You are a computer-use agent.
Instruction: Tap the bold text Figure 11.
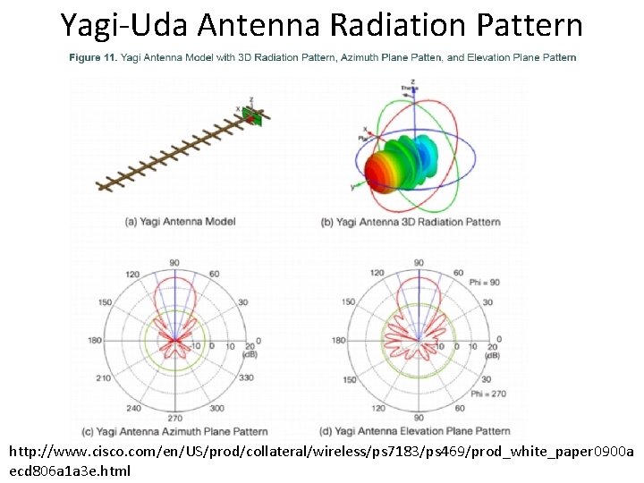tap(92, 57)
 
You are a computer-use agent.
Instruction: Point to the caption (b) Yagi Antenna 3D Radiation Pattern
tap(410, 221)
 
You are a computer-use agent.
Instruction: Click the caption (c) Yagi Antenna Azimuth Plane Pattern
tap(182, 431)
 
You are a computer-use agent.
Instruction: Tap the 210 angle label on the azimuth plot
tap(105, 378)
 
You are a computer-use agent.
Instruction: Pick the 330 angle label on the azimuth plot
tap(245, 377)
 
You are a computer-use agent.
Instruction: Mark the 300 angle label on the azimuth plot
tap(216, 408)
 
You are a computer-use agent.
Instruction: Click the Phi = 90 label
tap(486, 283)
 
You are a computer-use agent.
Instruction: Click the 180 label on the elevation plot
tap(338, 340)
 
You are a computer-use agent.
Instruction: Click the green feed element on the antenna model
tap(253, 116)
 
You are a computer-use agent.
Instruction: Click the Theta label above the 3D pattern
tap(409, 88)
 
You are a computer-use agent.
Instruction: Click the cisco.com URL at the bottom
tap(321, 453)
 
